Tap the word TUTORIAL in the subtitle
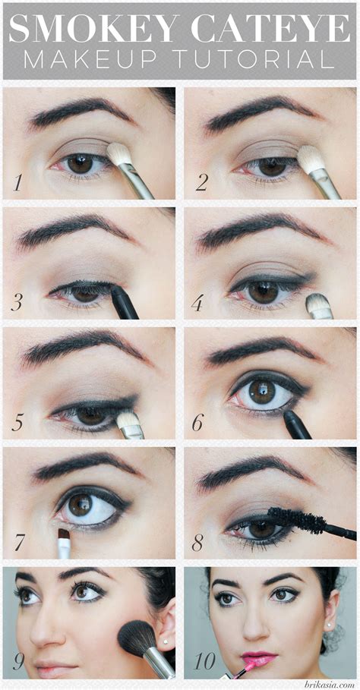[x=257, y=60]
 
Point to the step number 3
[x=17, y=304]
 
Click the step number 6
[x=197, y=423]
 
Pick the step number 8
[x=197, y=543]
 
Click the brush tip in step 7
[x=64, y=537]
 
